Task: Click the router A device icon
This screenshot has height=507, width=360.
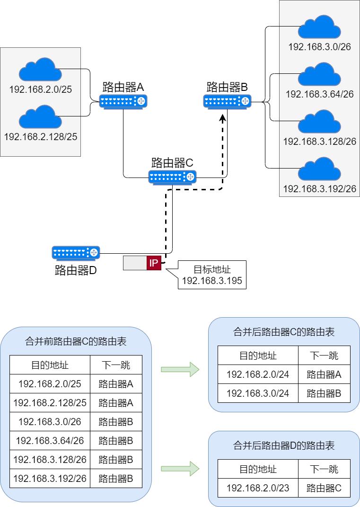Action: click(x=123, y=101)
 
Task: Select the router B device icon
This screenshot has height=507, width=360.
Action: click(x=227, y=101)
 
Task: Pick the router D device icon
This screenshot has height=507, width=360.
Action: click(x=76, y=253)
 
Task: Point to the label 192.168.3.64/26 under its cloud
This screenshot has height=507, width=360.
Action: click(x=320, y=94)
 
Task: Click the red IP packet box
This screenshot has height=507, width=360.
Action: click(x=154, y=263)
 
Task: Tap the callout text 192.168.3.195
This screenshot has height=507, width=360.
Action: click(x=212, y=281)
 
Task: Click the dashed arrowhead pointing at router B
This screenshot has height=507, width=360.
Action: click(x=222, y=116)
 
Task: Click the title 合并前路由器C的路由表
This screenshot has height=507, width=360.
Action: click(x=76, y=341)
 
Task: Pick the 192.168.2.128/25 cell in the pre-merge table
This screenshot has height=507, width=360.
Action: click(x=50, y=402)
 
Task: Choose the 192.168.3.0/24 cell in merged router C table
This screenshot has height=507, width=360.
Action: click(x=258, y=393)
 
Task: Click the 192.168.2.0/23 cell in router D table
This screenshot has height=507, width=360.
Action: click(x=258, y=488)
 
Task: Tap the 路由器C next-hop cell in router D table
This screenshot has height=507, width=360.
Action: click(x=324, y=488)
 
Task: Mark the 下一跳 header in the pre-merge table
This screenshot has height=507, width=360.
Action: click(x=116, y=365)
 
